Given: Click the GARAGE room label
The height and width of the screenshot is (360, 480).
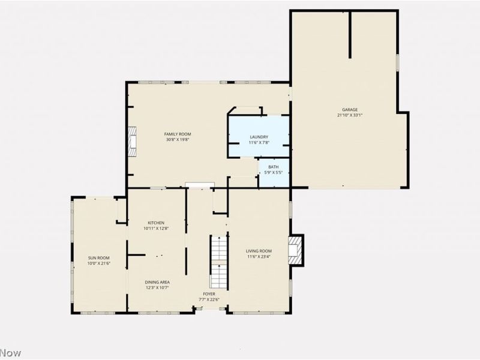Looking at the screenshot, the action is click(x=350, y=110).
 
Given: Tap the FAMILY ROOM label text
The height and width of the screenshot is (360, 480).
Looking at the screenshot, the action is click(x=178, y=134).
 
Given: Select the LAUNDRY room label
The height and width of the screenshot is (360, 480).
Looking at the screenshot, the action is click(x=259, y=137).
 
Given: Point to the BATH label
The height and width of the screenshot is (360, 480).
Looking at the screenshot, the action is click(x=274, y=167).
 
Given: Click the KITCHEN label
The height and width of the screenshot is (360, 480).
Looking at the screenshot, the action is click(x=156, y=223).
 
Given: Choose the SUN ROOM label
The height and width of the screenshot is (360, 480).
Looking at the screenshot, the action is click(x=99, y=258).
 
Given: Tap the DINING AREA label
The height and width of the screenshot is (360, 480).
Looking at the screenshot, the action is click(x=157, y=282).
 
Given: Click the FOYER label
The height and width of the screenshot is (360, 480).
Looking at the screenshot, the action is click(x=209, y=294).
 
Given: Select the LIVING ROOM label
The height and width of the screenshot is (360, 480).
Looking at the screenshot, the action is click(x=259, y=251).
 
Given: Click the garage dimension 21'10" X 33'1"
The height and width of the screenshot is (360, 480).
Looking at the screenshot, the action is click(x=350, y=115).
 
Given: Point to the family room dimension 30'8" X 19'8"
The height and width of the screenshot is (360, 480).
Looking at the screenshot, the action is click(x=178, y=140).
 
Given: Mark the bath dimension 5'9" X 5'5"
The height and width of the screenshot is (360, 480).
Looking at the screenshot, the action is click(x=274, y=173).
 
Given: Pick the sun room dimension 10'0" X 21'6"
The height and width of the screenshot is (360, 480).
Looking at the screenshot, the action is click(x=99, y=263).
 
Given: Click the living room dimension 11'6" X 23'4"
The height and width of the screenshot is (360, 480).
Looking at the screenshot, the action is click(x=259, y=257).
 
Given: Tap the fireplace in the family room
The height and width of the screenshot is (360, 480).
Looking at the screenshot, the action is click(x=132, y=142).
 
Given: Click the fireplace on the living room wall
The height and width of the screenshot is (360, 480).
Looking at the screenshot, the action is click(x=296, y=250).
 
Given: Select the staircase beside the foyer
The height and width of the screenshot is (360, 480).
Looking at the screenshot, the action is click(x=218, y=262).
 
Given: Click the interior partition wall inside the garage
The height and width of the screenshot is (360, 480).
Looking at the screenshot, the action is click(x=350, y=35).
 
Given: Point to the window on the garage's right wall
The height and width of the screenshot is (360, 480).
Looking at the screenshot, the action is click(x=398, y=64).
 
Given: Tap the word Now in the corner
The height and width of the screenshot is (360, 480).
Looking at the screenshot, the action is click(x=10, y=353).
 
